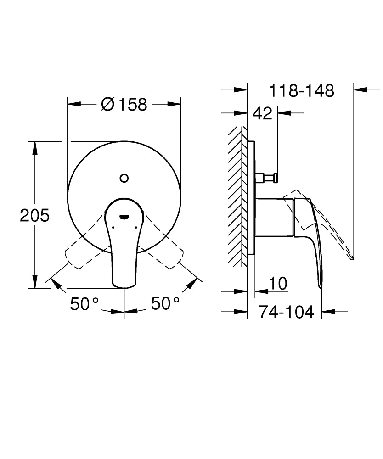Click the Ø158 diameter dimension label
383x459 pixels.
click(124, 105)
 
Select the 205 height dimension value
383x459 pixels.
click(34, 215)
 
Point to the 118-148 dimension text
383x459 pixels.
click(301, 90)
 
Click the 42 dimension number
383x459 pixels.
click(263, 113)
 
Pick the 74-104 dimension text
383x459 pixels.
click(287, 312)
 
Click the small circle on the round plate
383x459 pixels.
click(124, 178)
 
